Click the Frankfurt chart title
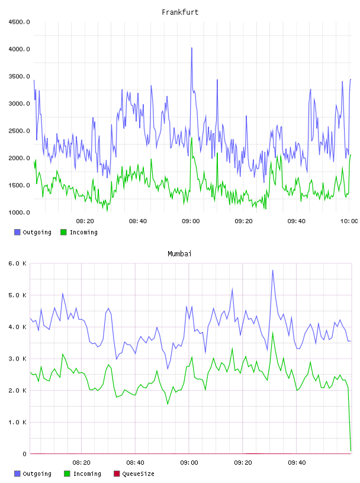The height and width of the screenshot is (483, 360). point(180,12)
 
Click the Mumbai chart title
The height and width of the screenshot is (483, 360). point(179,253)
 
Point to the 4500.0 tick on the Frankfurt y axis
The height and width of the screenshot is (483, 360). point(19,22)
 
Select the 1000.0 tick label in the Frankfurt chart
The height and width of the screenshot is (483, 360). point(19,212)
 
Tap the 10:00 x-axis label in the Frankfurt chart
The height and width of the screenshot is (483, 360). point(349,221)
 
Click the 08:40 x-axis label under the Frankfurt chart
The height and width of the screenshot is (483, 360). point(138,221)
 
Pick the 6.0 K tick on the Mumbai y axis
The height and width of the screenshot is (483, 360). point(17,263)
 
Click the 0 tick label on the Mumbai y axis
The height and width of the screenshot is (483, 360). point(24,454)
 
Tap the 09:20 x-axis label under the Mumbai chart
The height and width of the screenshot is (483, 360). point(243,462)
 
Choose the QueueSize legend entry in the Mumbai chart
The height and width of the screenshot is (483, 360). point(134,474)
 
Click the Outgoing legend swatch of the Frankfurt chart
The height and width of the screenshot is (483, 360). point(17,232)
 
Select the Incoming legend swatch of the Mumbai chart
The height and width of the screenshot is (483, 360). point(67,474)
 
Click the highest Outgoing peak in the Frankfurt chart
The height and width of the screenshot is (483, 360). point(192,48)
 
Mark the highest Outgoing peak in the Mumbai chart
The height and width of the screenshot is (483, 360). point(272,270)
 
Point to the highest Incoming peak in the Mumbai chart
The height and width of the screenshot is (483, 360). point(272,333)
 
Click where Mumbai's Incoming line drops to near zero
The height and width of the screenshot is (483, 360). point(351,450)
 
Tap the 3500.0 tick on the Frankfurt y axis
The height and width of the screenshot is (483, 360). point(19,76)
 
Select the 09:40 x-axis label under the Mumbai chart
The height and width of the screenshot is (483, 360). point(297,462)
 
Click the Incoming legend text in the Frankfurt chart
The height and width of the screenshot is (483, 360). point(83,232)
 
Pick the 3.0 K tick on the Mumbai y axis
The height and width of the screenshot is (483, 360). point(17,359)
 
